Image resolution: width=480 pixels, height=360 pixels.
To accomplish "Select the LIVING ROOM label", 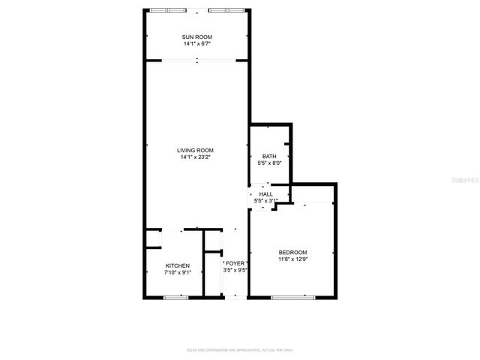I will (196, 151).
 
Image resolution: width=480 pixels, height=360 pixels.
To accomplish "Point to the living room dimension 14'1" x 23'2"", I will (196, 157).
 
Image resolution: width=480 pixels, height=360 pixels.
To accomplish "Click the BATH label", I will (269, 156).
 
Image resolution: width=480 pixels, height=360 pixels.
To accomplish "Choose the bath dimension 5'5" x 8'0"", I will (269, 163).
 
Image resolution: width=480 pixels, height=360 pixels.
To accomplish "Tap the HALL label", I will (266, 194).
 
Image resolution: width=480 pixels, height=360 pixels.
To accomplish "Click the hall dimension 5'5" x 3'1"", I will (266, 200).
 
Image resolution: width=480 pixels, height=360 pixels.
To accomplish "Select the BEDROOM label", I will (292, 252).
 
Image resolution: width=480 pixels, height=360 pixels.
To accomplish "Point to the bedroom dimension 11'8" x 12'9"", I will (292, 259).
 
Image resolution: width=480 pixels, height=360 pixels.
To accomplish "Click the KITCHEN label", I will (178, 265).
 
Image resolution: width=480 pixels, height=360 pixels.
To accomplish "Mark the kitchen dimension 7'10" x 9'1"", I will (178, 272).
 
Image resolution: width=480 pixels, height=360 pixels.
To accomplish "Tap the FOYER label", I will (235, 263).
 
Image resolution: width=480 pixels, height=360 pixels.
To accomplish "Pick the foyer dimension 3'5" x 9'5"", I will (235, 270).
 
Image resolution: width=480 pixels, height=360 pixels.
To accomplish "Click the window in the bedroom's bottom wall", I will (292, 298).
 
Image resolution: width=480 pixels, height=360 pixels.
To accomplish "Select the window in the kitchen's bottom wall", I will (175, 298).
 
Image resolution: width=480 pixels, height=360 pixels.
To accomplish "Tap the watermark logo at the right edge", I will (467, 181).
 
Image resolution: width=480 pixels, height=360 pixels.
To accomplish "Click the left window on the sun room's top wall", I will (168, 10).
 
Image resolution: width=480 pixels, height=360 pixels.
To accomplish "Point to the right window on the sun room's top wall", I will (226, 10).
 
